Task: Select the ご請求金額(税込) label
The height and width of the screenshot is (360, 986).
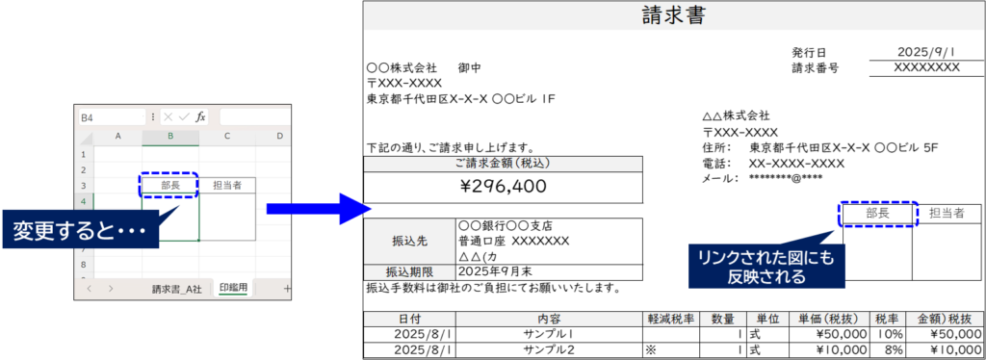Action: (x=503, y=164)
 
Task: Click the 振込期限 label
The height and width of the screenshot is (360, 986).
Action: (x=409, y=272)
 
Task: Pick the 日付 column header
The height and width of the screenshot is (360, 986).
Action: (x=409, y=319)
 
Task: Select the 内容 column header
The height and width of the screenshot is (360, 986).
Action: (x=549, y=319)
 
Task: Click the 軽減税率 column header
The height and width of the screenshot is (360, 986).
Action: (x=671, y=319)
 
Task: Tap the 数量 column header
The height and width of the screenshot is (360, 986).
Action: (x=722, y=319)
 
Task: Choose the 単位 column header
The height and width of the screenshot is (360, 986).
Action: (x=767, y=319)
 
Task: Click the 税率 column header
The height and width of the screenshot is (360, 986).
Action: (x=886, y=319)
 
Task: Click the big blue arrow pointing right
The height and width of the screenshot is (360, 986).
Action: (x=318, y=209)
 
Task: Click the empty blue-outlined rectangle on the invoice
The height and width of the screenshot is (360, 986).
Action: (x=879, y=214)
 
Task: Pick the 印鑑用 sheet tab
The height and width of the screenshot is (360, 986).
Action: (x=234, y=288)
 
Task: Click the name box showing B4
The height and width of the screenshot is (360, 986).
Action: (x=109, y=116)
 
